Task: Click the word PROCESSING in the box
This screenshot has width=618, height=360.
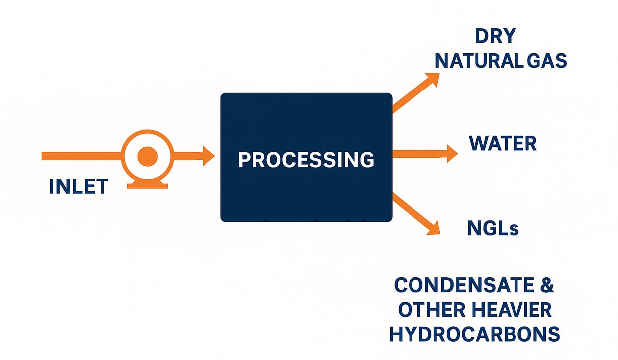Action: coord(306,160)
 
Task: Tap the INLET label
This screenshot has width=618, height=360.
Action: coord(79,186)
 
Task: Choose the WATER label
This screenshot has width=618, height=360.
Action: coord(503,144)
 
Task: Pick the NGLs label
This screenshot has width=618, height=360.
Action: coord(493,228)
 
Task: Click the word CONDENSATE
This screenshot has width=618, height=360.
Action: coord(461,286)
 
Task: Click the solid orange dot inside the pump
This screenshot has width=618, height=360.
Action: coord(147,156)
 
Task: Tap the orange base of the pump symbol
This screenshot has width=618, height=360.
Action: coord(148,185)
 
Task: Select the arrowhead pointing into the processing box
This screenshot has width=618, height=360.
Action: coord(207,156)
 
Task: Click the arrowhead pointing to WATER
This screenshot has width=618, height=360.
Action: coord(451,154)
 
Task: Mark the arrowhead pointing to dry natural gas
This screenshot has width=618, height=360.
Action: coord(432,79)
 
